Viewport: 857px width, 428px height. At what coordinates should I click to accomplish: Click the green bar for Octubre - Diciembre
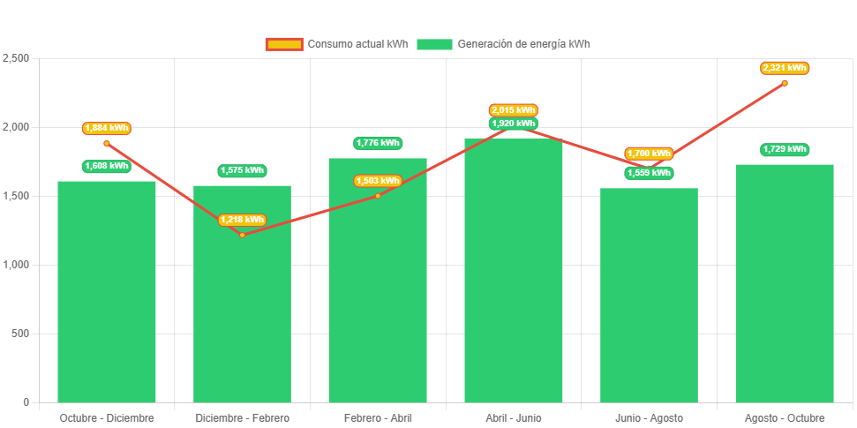[107, 291]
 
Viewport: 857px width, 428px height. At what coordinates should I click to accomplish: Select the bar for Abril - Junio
[514, 274]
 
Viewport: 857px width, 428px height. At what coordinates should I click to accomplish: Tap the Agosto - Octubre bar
[785, 282]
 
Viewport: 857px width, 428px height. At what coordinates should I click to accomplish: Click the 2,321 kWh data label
[785, 68]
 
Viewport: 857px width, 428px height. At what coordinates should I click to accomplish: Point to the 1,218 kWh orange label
[242, 220]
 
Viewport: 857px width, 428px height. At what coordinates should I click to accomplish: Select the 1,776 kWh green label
[378, 143]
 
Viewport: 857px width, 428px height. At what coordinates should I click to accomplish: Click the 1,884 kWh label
[107, 128]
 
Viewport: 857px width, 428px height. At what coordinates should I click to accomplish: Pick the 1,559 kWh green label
[649, 173]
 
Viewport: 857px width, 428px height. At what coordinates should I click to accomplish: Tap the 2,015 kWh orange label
[514, 110]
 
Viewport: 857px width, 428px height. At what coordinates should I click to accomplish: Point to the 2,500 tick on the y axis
[17, 58]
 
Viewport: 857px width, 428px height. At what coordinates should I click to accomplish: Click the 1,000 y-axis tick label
[17, 265]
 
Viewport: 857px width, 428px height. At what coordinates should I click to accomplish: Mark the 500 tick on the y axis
[20, 334]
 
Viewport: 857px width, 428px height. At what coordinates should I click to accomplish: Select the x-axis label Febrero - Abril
[378, 417]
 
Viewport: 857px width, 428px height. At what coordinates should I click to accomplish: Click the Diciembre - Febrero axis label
[242, 417]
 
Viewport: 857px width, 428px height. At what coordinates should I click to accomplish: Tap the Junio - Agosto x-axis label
[649, 417]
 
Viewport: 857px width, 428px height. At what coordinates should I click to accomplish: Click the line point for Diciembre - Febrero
[242, 235]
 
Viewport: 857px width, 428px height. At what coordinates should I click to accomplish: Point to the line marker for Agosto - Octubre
[785, 83]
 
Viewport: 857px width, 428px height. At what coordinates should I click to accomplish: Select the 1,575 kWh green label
[242, 170]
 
